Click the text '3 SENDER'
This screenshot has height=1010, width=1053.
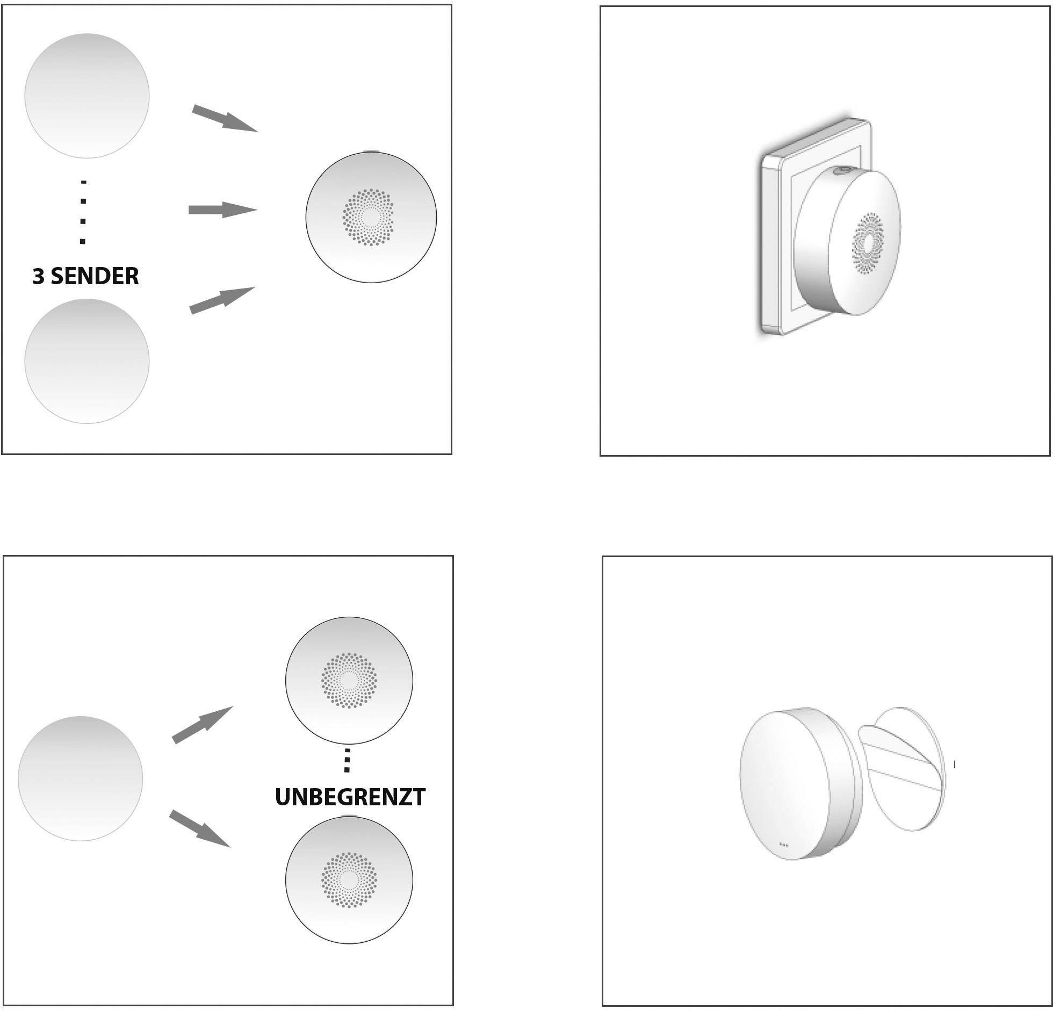point(85,276)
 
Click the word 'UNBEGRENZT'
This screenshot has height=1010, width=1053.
point(350,797)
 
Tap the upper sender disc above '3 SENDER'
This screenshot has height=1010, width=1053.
point(87,96)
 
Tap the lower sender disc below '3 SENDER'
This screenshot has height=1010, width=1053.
point(87,362)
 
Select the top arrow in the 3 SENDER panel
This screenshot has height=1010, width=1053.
point(225,118)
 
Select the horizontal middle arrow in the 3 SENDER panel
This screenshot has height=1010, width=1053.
point(223,210)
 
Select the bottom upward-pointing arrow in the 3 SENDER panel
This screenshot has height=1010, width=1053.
point(222,300)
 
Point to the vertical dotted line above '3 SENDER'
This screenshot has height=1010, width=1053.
point(83,212)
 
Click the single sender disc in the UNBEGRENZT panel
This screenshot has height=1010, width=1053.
point(81,778)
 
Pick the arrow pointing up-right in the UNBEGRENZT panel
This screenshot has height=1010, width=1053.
point(203,725)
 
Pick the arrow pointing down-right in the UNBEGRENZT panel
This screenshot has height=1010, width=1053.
point(200,829)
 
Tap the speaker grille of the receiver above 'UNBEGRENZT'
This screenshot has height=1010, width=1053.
point(349,681)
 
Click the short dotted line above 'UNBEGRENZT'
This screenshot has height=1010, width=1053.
point(347,760)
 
